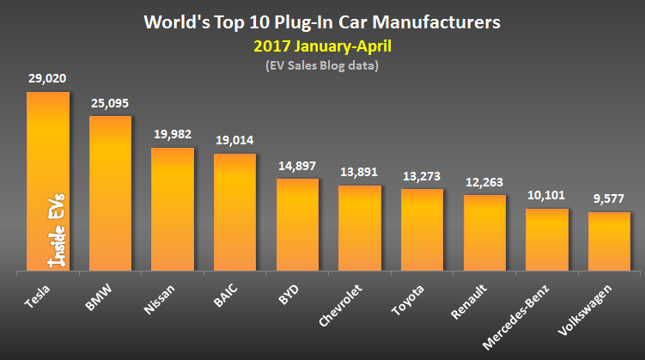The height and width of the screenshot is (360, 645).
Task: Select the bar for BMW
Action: (x=110, y=194)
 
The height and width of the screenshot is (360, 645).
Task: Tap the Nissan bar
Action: (x=173, y=211)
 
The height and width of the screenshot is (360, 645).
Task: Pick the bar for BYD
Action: (x=298, y=225)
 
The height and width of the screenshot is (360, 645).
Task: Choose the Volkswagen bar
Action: (x=609, y=242)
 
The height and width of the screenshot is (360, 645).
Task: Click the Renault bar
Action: (x=484, y=234)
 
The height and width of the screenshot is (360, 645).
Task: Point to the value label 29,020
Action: (x=47, y=78)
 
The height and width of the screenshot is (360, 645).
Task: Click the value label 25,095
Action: (x=110, y=102)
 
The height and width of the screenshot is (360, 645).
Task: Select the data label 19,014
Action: (x=235, y=140)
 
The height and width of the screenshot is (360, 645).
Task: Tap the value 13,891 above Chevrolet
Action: (x=360, y=172)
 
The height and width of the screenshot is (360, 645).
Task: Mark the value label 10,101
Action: (x=546, y=195)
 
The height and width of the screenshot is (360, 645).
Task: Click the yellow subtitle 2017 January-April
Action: (x=322, y=42)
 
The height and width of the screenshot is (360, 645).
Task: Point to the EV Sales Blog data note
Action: (x=322, y=64)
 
